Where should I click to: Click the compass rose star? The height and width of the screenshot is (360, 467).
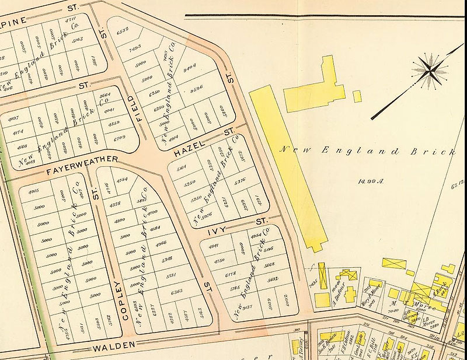(x=430, y=69)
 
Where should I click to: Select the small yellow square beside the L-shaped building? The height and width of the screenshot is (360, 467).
(x=357, y=96)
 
